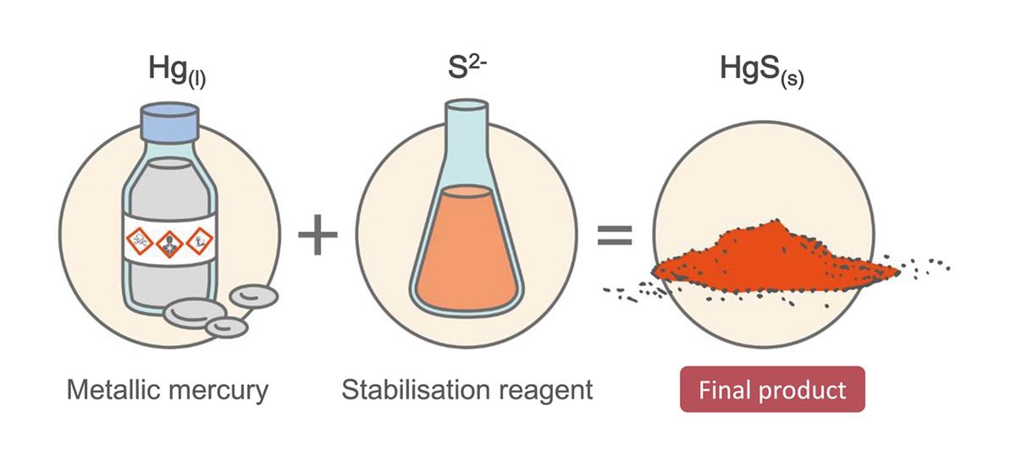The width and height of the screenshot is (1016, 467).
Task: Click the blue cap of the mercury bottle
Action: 169,122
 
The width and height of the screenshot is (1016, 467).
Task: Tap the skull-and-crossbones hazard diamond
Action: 139,241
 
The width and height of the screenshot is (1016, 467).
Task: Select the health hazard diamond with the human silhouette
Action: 169,244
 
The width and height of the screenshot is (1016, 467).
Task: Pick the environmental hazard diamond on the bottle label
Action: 200,241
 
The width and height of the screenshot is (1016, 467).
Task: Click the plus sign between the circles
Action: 318,234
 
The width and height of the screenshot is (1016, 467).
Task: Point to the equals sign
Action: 615,235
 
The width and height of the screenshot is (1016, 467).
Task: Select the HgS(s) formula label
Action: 762,72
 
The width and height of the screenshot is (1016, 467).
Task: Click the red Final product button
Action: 772,389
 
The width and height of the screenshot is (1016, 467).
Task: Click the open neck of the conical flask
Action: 467,105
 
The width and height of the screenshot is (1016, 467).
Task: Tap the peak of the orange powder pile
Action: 776,221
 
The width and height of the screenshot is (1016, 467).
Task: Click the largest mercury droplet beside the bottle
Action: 195,313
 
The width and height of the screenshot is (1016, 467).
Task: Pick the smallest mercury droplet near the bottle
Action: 226,327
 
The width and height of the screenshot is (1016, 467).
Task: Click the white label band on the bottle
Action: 169,240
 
